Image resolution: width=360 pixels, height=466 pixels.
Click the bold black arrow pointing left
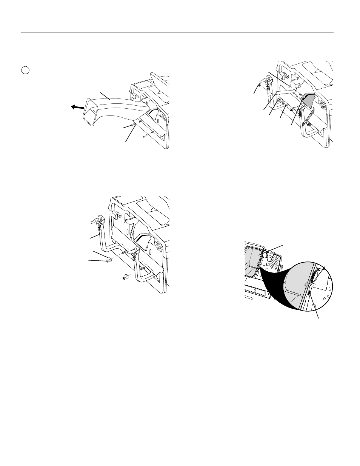click(x=77, y=107)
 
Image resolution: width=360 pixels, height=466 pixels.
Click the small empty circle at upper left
click(x=25, y=70)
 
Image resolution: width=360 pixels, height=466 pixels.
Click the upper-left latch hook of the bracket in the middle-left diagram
click(x=97, y=220)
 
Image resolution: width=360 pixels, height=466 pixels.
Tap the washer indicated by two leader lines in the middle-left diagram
click(x=109, y=260)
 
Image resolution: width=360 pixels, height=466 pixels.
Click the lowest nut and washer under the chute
click(x=145, y=136)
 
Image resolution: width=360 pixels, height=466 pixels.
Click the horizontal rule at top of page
click(x=177, y=32)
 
